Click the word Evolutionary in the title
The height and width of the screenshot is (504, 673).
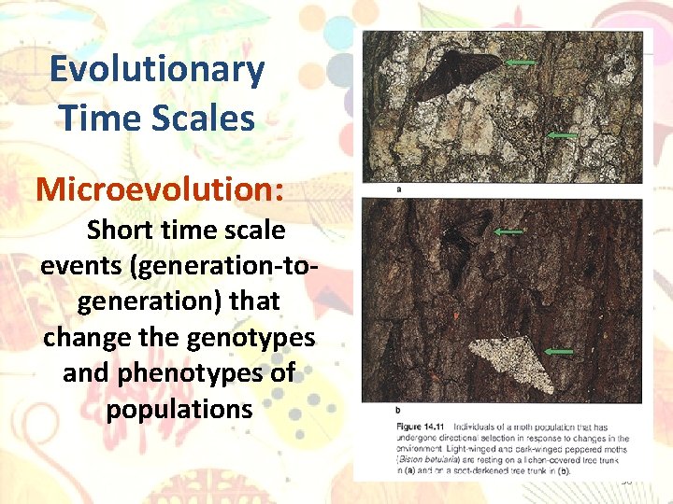[x=157, y=70]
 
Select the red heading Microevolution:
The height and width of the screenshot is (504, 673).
[x=160, y=189]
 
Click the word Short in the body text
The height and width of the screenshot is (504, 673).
[x=121, y=230]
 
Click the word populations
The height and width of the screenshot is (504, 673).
[x=179, y=409]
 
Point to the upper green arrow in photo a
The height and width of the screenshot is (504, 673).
[x=522, y=63]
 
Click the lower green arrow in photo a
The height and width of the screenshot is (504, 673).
[x=562, y=136]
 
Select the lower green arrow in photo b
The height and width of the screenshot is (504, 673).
[x=559, y=351]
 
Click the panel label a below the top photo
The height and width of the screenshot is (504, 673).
[x=399, y=189]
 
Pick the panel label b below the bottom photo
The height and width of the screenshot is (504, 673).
[x=399, y=409]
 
